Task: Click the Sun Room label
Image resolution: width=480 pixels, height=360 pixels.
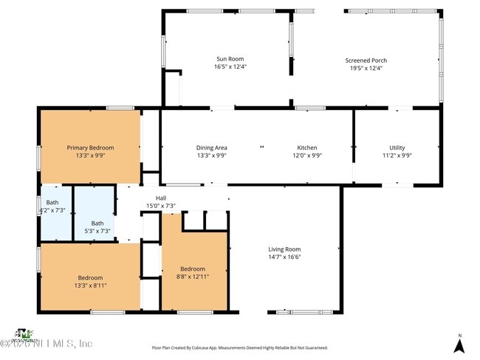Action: pyautogui.click(x=230, y=59)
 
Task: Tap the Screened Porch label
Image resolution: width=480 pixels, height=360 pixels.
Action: pyautogui.click(x=366, y=60)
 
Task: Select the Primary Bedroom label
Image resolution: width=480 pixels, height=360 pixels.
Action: pyautogui.click(x=90, y=148)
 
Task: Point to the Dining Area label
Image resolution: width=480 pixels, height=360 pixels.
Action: pyautogui.click(x=211, y=148)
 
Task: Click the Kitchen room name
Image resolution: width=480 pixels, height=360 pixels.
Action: pyautogui.click(x=306, y=148)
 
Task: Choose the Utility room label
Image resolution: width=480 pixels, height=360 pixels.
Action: pyautogui.click(x=397, y=148)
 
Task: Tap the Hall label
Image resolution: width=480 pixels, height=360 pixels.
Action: pyautogui.click(x=160, y=198)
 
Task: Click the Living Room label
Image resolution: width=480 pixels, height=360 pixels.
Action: pyautogui.click(x=284, y=249)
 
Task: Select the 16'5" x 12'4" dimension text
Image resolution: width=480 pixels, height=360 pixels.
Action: pyautogui.click(x=230, y=67)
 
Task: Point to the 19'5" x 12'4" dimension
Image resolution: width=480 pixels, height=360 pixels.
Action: pyautogui.click(x=366, y=68)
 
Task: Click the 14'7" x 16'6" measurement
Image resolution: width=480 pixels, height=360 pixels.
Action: pyautogui.click(x=284, y=257)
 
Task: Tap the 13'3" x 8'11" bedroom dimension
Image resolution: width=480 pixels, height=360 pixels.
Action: pyautogui.click(x=90, y=285)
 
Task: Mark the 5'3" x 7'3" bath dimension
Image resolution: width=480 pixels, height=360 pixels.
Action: pyautogui.click(x=97, y=231)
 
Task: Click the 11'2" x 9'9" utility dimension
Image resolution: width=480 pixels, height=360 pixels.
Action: pyautogui.click(x=397, y=156)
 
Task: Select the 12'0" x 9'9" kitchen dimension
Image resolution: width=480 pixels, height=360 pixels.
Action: pyautogui.click(x=306, y=156)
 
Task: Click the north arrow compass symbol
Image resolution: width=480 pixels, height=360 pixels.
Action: pyautogui.click(x=459, y=343)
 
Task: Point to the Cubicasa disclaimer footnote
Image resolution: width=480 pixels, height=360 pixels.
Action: pyautogui.click(x=240, y=347)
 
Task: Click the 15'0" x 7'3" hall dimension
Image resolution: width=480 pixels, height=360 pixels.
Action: pyautogui.click(x=160, y=206)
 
